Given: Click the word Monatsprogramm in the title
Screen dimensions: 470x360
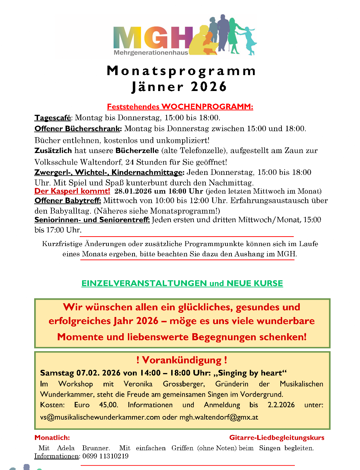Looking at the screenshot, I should (181, 71).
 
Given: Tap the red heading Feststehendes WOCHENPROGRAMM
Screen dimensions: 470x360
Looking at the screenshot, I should (180, 106).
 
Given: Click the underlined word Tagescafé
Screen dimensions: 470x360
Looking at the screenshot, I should (53, 118).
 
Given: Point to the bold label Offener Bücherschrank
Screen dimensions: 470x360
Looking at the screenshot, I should (78, 129).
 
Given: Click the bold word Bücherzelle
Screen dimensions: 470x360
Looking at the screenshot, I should (137, 151).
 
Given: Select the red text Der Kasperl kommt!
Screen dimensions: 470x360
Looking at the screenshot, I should (72, 191).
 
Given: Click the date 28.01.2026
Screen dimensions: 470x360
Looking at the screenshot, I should (133, 191).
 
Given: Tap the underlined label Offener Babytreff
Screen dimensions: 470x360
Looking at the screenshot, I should (68, 201).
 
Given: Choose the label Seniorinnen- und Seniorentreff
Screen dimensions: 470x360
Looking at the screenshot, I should (92, 220).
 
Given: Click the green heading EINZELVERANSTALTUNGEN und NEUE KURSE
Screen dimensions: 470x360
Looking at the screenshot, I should (182, 283).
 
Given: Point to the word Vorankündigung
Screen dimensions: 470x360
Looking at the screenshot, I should (182, 360).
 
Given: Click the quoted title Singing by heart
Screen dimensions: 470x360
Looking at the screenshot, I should (250, 373).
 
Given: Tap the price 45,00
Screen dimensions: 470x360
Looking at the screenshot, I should (108, 405).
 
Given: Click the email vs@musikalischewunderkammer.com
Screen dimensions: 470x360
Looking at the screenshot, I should (100, 417).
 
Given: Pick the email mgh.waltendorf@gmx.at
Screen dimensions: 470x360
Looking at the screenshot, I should (219, 417).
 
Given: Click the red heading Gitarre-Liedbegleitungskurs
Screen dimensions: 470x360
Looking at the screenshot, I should (277, 438).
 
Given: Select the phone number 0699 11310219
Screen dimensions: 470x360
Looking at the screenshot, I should (105, 456).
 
